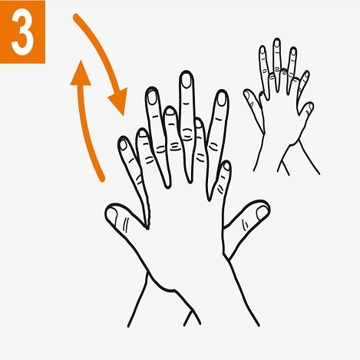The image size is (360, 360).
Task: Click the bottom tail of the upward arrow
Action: [101, 179]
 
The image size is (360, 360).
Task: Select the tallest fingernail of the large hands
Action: [186, 81]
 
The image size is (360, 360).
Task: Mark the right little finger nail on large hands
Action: [226, 167]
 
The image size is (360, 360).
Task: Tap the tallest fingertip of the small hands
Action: [277, 45]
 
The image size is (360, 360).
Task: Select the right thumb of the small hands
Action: [307, 107]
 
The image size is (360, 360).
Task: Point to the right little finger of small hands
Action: [304, 80]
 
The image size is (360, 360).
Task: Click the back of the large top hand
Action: [184, 223]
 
